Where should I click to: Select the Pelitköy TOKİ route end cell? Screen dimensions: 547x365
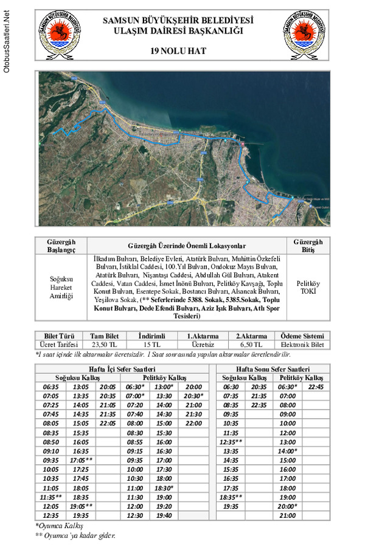(x=308, y=287)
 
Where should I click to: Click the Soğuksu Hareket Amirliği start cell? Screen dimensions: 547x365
(x=61, y=287)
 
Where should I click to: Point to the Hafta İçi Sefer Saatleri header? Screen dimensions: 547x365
(x=122, y=369)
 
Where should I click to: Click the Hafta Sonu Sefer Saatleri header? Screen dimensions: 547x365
(x=273, y=369)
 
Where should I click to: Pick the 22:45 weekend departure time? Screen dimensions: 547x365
(x=316, y=387)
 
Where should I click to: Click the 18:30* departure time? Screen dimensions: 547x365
(x=164, y=488)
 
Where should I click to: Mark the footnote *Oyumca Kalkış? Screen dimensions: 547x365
(x=59, y=525)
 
